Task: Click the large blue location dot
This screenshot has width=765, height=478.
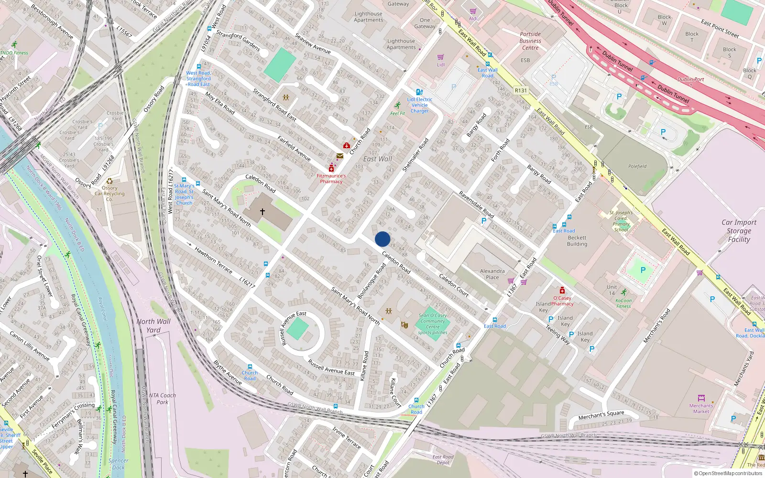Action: [382, 239]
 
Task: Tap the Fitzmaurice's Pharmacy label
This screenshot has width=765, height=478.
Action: [331, 179]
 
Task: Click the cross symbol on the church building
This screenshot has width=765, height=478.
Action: [262, 211]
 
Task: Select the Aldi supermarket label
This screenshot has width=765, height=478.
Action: [473, 19]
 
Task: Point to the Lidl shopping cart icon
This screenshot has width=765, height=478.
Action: [440, 57]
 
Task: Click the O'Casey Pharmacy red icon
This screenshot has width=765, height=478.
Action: [562, 290]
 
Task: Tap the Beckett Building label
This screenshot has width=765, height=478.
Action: [577, 241]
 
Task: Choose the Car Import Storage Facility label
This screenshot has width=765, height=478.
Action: [739, 231]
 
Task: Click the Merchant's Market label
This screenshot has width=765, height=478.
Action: [701, 408]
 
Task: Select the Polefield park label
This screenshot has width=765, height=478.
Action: [637, 166]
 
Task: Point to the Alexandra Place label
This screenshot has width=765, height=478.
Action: [492, 274]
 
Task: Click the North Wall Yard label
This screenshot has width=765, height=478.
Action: [153, 326]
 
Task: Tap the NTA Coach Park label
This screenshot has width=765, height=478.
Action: [162, 399]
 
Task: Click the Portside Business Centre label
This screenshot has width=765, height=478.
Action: [530, 41]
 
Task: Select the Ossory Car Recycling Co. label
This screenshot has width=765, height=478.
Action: [109, 194]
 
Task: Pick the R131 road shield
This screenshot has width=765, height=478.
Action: [521, 90]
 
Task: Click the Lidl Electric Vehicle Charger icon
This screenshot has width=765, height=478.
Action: [419, 92]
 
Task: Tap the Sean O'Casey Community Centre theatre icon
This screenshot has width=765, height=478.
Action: [404, 325]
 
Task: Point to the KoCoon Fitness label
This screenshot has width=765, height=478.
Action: [623, 303]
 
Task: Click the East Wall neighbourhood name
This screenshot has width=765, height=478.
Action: [377, 159]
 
